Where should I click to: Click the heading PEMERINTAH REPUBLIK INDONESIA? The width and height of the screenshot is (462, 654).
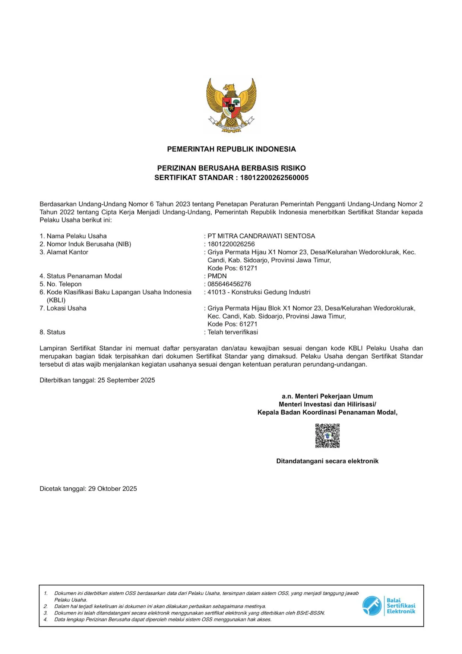pyautogui.click(x=231, y=149)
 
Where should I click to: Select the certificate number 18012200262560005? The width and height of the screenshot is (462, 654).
pyautogui.click(x=274, y=178)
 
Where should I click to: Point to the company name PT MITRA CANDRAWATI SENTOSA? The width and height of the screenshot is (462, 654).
pyautogui.click(x=261, y=236)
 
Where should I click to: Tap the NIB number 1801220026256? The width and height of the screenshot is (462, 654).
pyautogui.click(x=231, y=244)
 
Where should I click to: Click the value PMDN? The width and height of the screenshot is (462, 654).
pyautogui.click(x=217, y=276)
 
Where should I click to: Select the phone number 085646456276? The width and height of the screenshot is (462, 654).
pyautogui.click(x=229, y=284)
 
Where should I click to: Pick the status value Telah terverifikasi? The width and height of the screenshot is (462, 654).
pyautogui.click(x=232, y=332)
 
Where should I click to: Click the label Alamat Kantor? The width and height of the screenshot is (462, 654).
pyautogui.click(x=67, y=252)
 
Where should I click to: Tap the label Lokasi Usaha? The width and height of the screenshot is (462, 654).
pyautogui.click(x=66, y=308)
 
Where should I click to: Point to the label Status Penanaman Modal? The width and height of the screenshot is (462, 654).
pyautogui.click(x=84, y=276)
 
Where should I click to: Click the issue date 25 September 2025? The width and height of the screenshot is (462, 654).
pyautogui.click(x=126, y=380)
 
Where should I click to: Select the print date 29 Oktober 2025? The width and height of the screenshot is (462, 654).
pyautogui.click(x=113, y=489)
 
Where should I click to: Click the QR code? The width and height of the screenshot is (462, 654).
pyautogui.click(x=327, y=436)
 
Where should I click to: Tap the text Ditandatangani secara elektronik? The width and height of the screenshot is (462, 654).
pyautogui.click(x=327, y=461)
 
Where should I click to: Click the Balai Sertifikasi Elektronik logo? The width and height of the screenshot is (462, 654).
pyautogui.click(x=389, y=606)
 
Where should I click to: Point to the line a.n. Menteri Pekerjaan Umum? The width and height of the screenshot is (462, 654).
pyautogui.click(x=327, y=396)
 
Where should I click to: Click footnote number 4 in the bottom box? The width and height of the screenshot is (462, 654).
pyautogui.click(x=46, y=620)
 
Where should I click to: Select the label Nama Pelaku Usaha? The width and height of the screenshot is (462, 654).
pyautogui.click(x=76, y=236)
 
